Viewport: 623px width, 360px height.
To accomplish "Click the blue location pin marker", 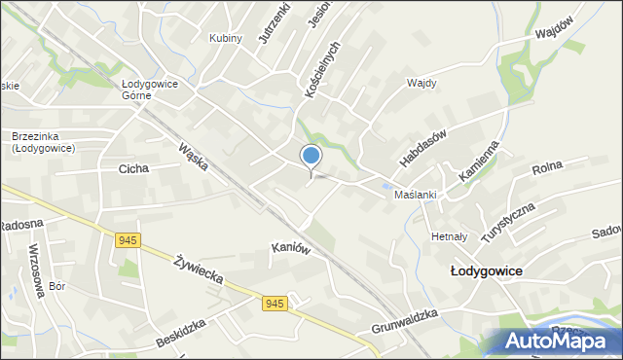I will click(311, 157).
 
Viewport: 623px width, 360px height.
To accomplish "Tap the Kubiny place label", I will click(226, 38).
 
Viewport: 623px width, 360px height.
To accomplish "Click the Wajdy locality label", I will click(421, 83).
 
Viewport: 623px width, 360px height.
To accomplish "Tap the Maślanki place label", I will click(415, 195).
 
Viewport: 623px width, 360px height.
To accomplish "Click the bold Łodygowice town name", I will click(488, 271).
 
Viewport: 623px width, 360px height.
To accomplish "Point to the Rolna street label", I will click(550, 169).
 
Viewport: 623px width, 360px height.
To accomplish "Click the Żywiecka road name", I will click(200, 270).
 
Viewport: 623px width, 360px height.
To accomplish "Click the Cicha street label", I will click(133, 168).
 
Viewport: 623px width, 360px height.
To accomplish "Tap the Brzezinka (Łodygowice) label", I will click(44, 142).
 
